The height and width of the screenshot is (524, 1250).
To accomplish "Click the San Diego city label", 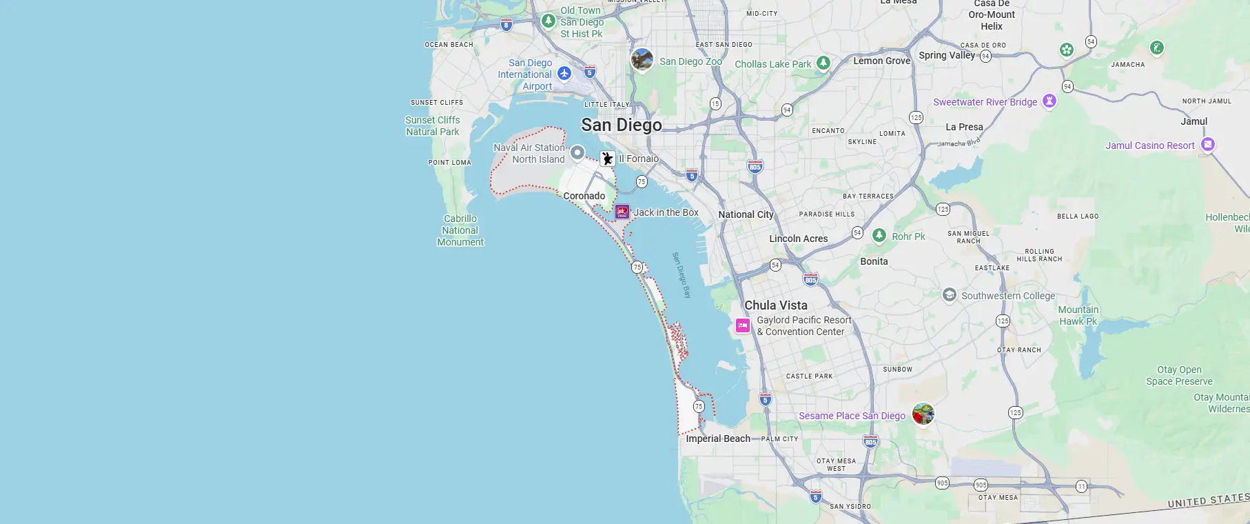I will tap(621, 125).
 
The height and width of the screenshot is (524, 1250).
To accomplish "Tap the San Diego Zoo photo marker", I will tap(642, 60).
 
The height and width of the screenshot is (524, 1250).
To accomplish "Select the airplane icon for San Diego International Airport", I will tap(564, 73).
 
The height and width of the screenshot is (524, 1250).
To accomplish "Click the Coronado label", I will tap(584, 196).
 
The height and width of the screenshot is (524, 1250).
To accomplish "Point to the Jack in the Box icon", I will tap(622, 212).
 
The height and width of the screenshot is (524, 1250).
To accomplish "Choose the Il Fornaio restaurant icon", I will tap(607, 159).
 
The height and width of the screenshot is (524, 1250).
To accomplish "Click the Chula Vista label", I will tap(775, 305).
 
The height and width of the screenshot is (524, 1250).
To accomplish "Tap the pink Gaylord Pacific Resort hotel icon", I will tap(742, 325).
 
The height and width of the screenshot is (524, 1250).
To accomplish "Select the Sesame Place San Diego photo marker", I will tap(923, 414).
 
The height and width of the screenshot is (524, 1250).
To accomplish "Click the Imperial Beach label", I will tap(717, 439).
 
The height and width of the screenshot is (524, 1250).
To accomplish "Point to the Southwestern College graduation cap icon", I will tap(949, 295).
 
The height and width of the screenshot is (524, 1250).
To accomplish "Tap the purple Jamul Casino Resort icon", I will tap(1207, 145).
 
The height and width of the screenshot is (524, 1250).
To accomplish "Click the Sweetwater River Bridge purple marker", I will tap(1049, 101).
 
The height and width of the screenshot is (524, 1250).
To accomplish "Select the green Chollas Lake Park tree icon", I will tap(823, 63).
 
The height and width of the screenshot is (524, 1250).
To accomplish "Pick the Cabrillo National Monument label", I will tap(460, 230).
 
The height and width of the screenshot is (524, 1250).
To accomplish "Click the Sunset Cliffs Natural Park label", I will tap(432, 125).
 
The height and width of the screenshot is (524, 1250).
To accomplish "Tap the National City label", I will tap(746, 214).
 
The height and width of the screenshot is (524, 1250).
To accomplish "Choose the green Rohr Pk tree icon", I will tap(879, 236).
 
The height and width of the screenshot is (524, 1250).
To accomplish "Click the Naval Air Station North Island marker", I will tap(577, 152).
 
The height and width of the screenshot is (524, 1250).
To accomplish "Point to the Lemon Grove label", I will tap(881, 61).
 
